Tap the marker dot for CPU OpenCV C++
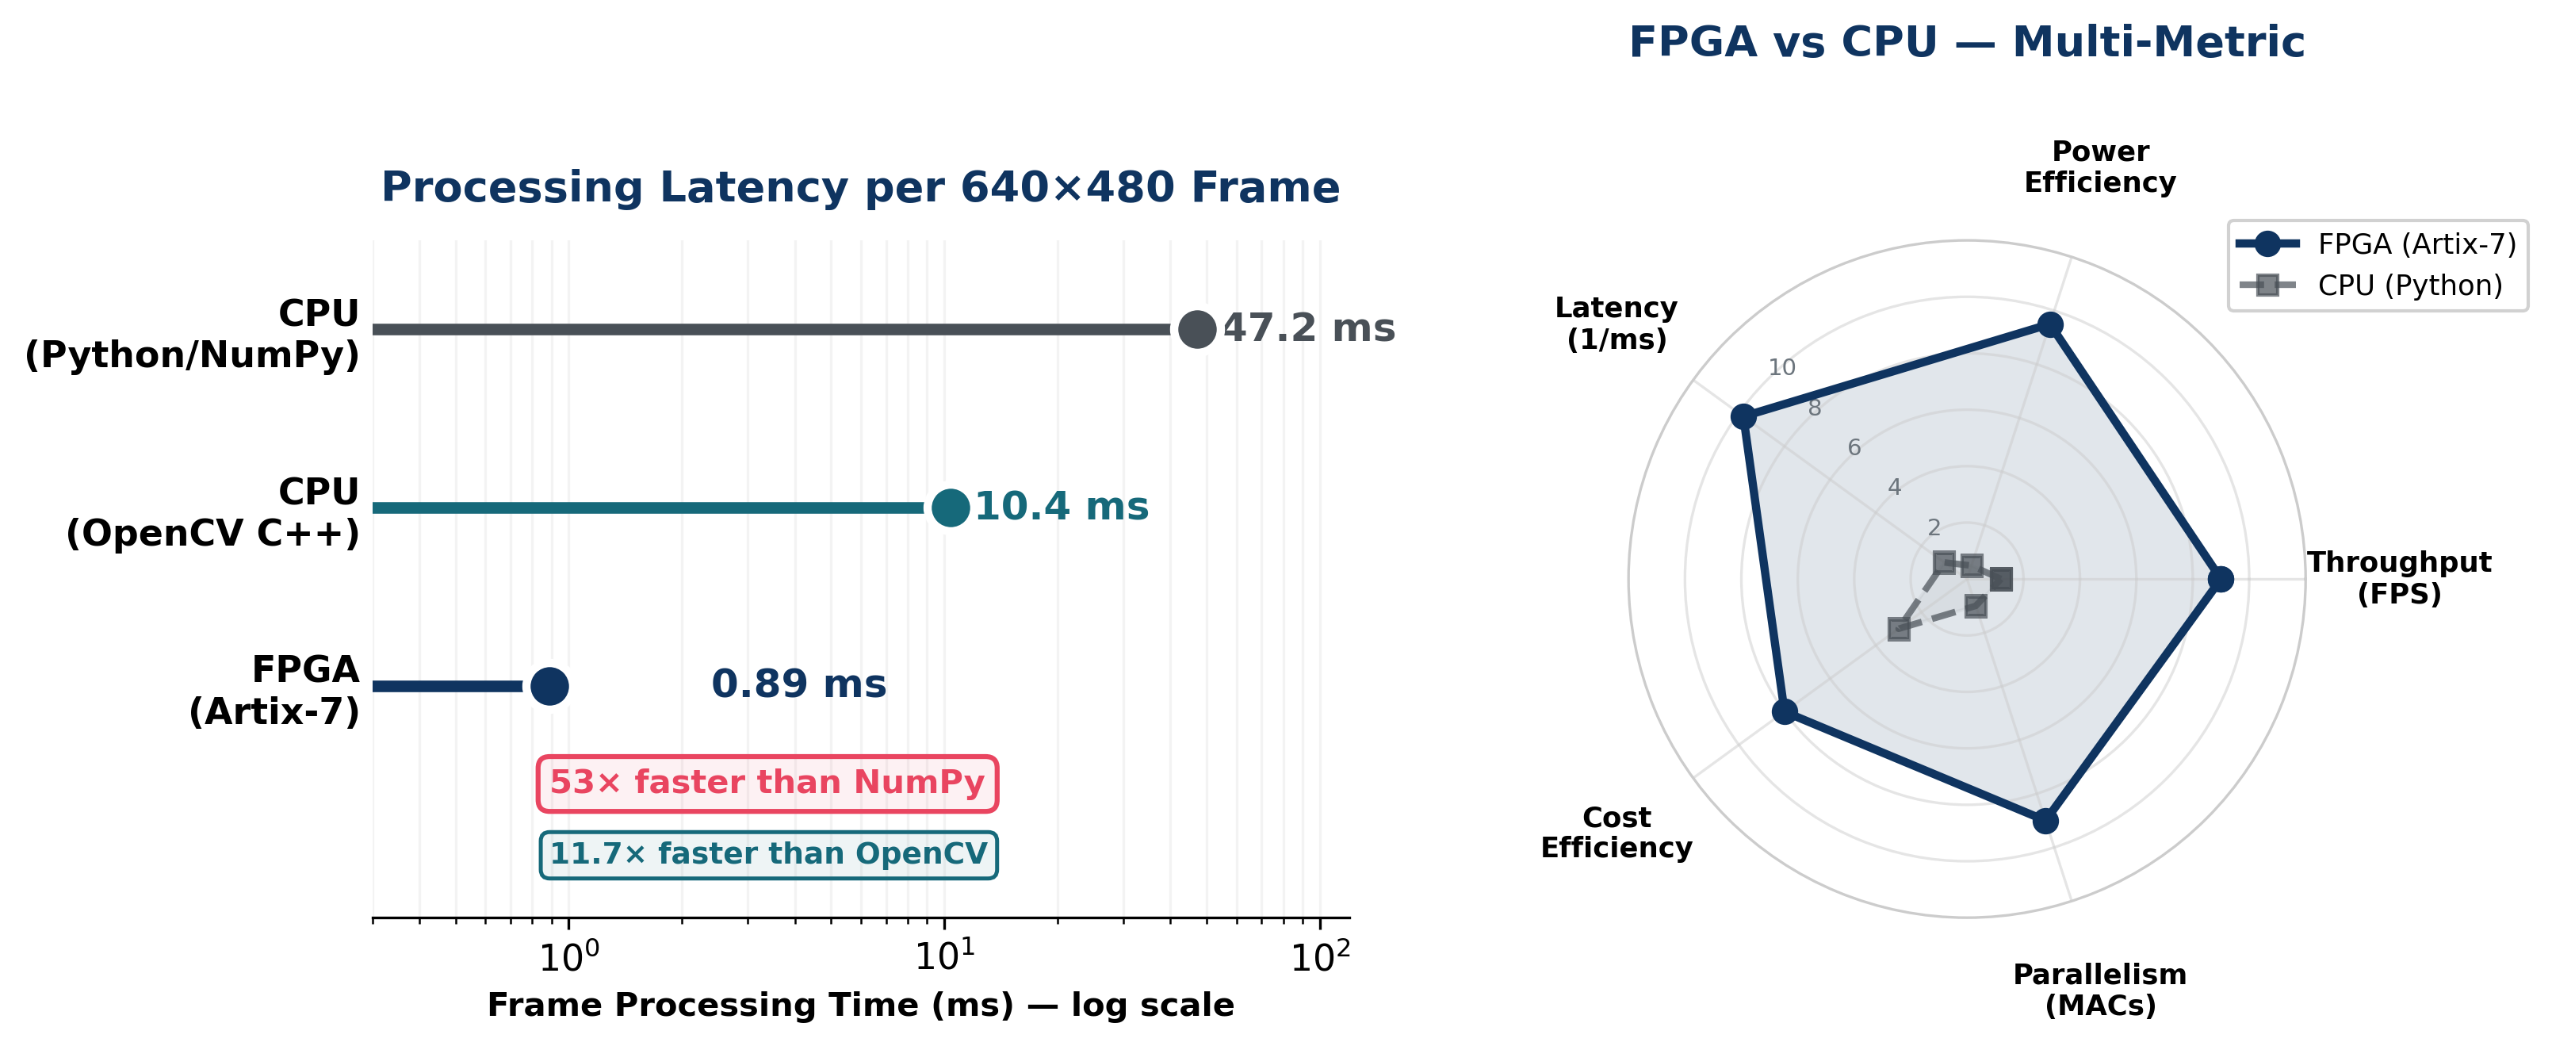(x=950, y=508)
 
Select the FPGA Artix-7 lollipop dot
(x=549, y=685)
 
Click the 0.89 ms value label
(x=798, y=684)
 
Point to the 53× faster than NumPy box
(x=767, y=784)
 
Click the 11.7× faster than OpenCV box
(x=769, y=854)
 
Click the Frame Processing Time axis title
(x=860, y=1006)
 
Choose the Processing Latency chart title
(x=860, y=187)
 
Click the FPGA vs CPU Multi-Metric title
(x=1965, y=44)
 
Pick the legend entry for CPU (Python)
(x=2408, y=286)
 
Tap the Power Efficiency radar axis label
(x=2099, y=167)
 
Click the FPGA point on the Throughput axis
(x=2221, y=580)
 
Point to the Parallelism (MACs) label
(x=2099, y=990)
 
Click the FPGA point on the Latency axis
(x=1743, y=417)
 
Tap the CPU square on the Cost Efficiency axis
(x=1898, y=629)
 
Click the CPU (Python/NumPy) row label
(x=192, y=334)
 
